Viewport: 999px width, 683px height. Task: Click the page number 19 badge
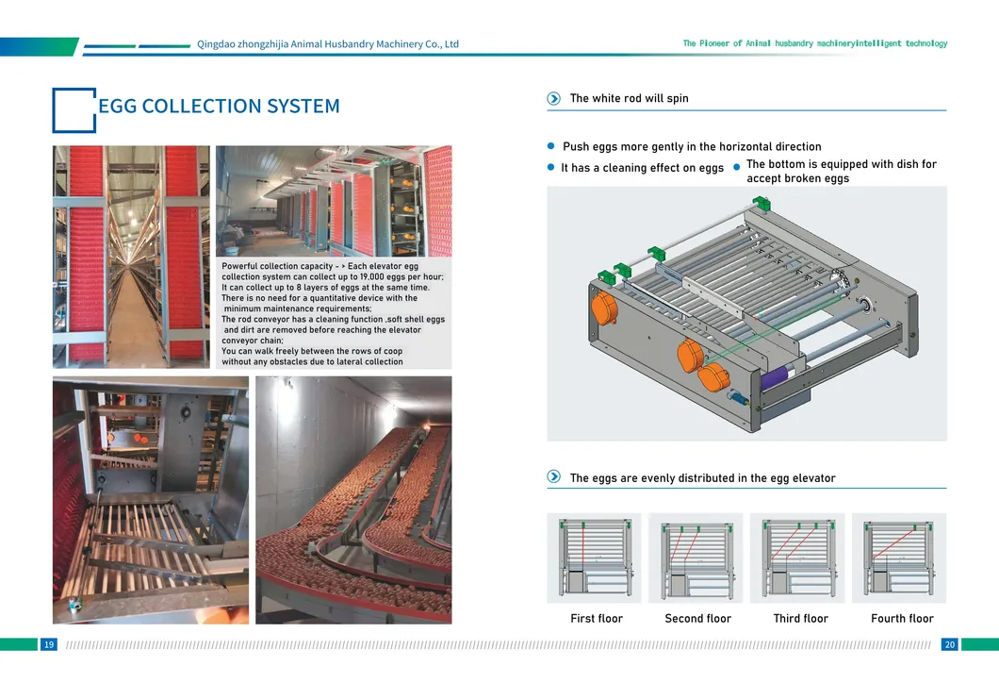click(48, 644)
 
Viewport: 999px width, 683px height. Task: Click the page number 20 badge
click(949, 644)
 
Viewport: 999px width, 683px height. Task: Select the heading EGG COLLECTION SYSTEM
click(219, 106)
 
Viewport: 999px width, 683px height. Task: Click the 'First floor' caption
click(596, 619)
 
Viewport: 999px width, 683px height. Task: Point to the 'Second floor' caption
click(697, 619)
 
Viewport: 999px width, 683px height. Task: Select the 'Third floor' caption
click(800, 619)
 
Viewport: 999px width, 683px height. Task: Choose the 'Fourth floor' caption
click(902, 619)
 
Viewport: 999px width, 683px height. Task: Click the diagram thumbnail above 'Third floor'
click(797, 558)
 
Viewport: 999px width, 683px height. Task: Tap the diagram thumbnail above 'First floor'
click(594, 558)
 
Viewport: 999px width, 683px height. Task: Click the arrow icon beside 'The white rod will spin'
click(554, 98)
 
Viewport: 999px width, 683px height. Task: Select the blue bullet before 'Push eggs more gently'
click(552, 146)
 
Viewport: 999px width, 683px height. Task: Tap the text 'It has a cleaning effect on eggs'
click(642, 168)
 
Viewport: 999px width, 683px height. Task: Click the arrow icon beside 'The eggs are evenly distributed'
click(554, 477)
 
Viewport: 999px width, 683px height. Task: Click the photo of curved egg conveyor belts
click(353, 500)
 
